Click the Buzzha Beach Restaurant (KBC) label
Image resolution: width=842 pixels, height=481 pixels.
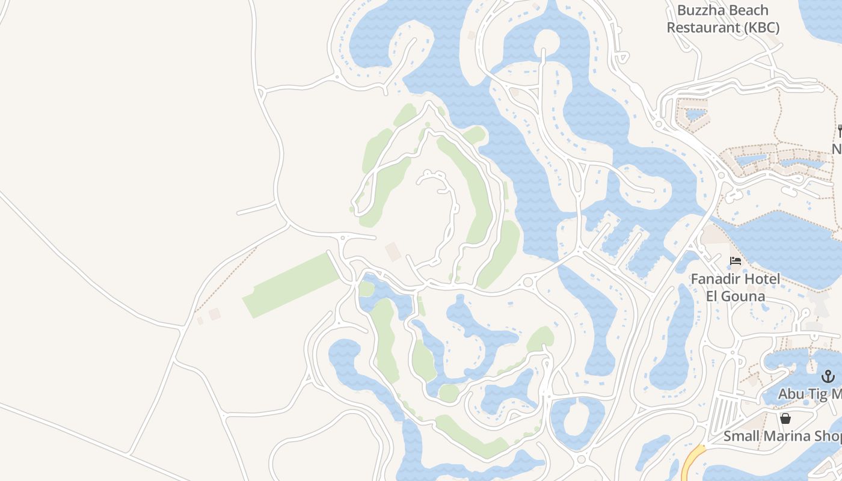pos(723,19)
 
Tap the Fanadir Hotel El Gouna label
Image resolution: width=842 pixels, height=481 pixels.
pos(735,287)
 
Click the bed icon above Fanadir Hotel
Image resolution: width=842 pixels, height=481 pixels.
pos(735,261)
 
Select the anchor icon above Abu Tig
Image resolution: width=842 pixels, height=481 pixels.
pos(828,376)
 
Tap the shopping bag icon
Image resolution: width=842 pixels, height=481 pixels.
pos(785,418)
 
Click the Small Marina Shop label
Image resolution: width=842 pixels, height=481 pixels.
pos(782,436)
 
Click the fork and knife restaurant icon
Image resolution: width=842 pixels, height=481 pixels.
pos(840,130)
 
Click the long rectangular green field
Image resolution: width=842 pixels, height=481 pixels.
pos(290,285)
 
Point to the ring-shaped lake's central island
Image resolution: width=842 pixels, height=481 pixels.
pos(577,417)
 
